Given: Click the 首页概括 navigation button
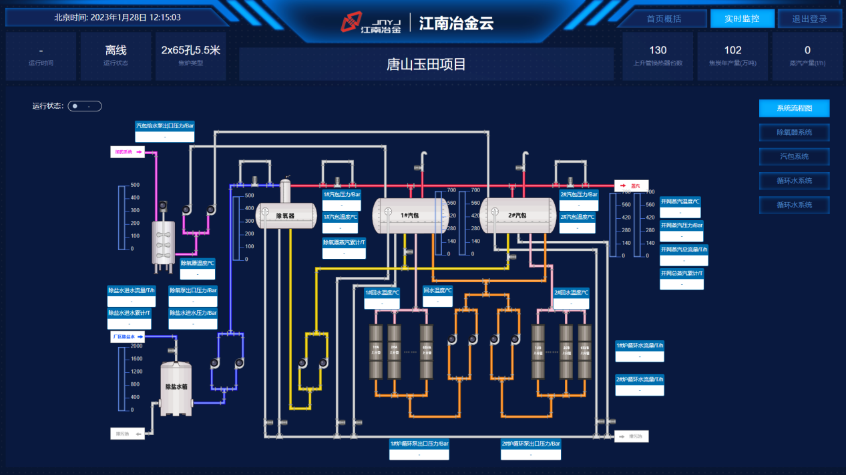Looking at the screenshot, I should point(663,19).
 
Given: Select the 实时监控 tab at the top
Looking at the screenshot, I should point(742,19).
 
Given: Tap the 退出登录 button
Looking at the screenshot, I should point(809,19).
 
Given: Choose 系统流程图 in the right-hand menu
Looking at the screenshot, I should point(794,108).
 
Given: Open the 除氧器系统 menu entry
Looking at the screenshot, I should point(794,132).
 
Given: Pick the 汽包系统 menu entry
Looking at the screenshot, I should point(794,156).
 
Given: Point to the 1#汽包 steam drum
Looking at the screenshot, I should point(409,215).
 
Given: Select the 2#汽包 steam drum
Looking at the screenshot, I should point(518,215).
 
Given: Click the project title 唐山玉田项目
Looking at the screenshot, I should point(426,65).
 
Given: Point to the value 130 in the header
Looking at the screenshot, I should point(658,50).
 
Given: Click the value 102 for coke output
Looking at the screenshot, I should point(732,50).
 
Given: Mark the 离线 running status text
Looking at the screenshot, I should point(116,50).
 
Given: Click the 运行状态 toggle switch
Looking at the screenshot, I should point(84,106).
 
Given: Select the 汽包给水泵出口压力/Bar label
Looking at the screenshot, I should point(164,125).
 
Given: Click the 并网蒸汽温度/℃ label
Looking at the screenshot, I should point(680,201).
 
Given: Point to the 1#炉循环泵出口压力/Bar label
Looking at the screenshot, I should point(419,444).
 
